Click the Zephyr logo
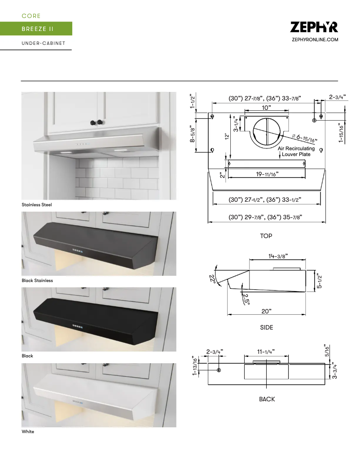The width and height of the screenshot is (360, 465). click(314, 27)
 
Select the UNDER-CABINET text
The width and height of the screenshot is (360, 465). click(44, 43)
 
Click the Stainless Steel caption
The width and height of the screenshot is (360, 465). click(37, 204)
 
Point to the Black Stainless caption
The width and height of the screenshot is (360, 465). click(37, 280)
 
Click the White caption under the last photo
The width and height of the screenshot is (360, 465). click(28, 432)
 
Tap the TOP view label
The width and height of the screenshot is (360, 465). click(266, 236)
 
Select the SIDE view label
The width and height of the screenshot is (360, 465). click(267, 327)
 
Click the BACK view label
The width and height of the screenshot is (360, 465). click(267, 399)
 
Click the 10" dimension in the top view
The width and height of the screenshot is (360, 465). click(267, 108)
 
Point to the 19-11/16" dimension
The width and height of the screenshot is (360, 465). click(266, 174)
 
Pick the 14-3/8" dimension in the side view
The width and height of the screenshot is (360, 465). click(278, 256)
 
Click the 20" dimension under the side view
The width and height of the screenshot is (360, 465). click(266, 311)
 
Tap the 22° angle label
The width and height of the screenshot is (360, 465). click(212, 280)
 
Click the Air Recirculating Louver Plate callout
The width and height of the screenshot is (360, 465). click(296, 152)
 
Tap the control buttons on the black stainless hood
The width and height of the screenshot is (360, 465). click(77, 249)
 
